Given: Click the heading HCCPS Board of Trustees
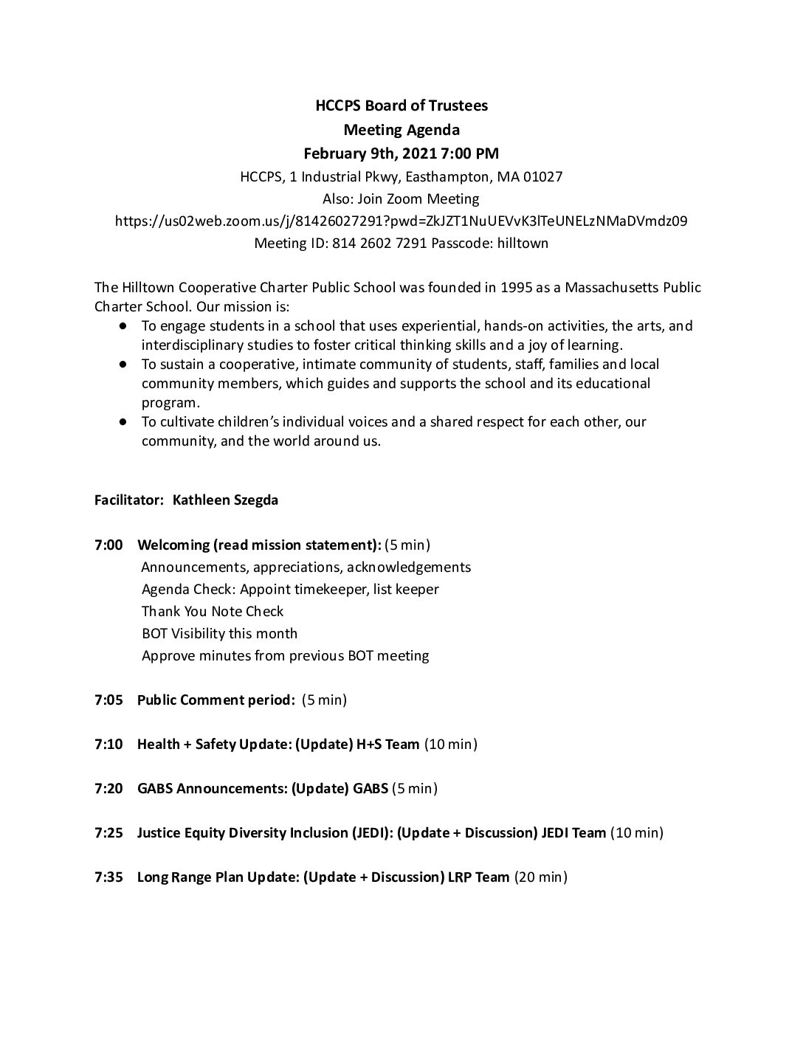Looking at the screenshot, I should click(x=401, y=106).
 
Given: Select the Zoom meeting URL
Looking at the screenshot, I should click(x=401, y=221).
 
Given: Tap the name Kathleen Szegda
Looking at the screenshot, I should click(x=225, y=500).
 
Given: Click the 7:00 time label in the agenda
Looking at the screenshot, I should click(x=108, y=545).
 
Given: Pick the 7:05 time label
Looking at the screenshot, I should click(x=108, y=700).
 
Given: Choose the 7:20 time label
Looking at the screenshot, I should click(x=108, y=788).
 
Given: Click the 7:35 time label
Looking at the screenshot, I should click(x=108, y=877).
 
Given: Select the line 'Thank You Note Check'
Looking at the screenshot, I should click(x=213, y=611).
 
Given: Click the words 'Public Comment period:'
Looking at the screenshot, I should click(x=216, y=700).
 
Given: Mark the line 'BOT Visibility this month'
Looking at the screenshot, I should click(x=220, y=633).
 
